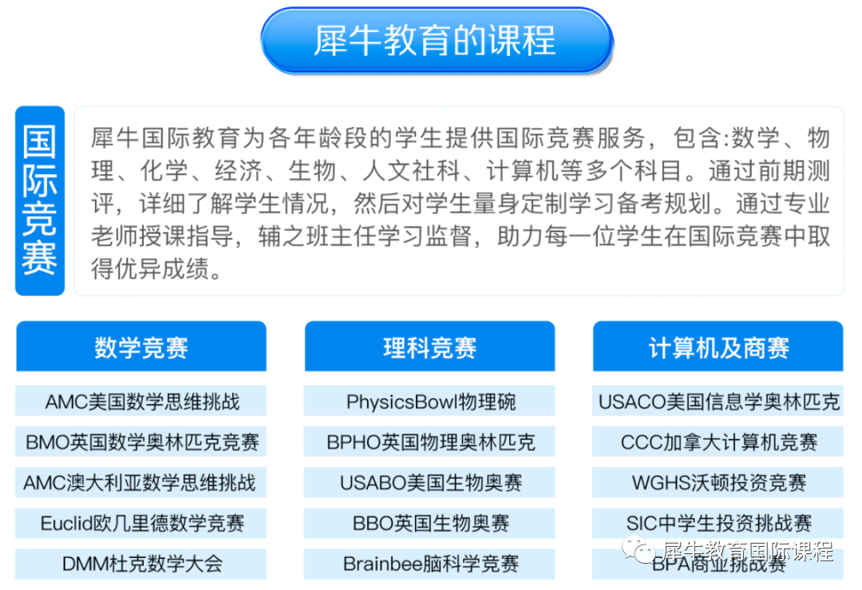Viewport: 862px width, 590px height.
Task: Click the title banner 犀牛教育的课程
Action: pyautogui.click(x=436, y=41)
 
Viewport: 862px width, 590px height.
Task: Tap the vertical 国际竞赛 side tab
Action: pyautogui.click(x=40, y=200)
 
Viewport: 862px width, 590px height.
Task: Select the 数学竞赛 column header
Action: pyautogui.click(x=141, y=347)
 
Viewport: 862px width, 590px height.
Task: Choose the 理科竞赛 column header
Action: pyautogui.click(x=429, y=347)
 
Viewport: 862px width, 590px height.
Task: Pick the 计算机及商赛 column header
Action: pyautogui.click(x=718, y=347)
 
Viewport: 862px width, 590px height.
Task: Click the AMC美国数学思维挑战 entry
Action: pyautogui.click(x=141, y=402)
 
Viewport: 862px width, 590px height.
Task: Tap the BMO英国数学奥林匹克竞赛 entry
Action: pyautogui.click(x=141, y=442)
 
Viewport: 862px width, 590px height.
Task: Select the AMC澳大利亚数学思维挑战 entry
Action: pyautogui.click(x=141, y=483)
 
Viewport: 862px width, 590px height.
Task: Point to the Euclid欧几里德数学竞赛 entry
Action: pyautogui.click(x=141, y=524)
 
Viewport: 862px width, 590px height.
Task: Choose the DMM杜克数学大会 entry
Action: pyautogui.click(x=141, y=564)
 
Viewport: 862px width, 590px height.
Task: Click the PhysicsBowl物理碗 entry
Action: pyautogui.click(x=429, y=402)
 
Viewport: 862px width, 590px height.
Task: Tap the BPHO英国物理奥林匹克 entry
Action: pyautogui.click(x=429, y=442)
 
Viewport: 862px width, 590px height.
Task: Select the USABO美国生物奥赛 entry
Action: pyautogui.click(x=429, y=483)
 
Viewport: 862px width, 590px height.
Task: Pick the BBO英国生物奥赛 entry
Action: pyautogui.click(x=429, y=524)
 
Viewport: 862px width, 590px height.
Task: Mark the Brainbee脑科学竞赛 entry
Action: pyautogui.click(x=429, y=564)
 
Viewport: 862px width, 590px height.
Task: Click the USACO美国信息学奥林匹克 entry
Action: pyautogui.click(x=718, y=402)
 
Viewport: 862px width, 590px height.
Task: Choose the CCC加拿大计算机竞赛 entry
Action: pyautogui.click(x=718, y=442)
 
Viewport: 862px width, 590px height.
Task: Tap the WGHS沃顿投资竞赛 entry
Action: pyautogui.click(x=718, y=483)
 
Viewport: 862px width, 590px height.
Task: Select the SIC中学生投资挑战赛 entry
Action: pyautogui.click(x=718, y=524)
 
